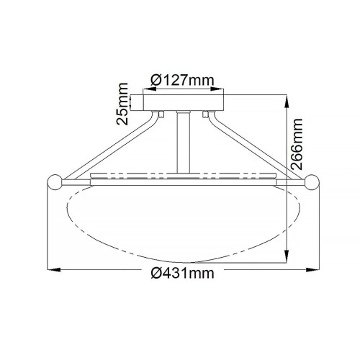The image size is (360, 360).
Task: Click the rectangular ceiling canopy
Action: [186, 102]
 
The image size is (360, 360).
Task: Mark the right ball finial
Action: [313, 182]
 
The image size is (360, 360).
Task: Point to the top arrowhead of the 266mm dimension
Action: [287, 96]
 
